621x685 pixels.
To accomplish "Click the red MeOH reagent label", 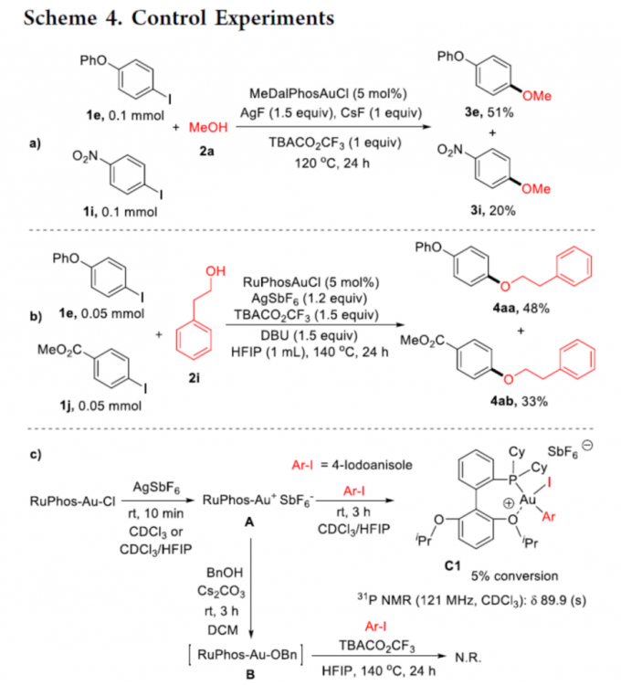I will [x=206, y=129].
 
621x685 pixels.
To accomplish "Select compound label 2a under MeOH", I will [x=209, y=151].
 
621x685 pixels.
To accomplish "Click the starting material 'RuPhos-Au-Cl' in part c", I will [x=67, y=500].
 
